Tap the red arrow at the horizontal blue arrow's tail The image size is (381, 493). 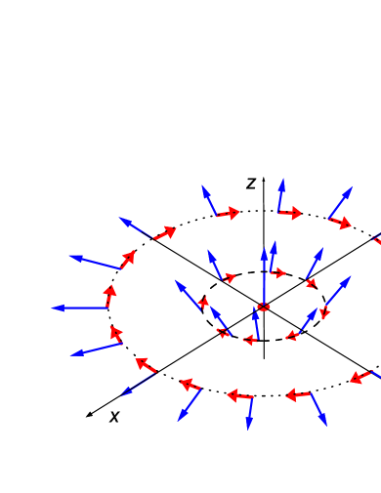coord(109,295)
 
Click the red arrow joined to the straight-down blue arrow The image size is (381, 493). coord(239,395)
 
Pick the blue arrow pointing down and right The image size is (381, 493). coord(318,409)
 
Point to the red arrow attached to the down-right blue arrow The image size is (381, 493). coord(298,395)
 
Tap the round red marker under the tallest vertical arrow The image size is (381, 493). coord(263,308)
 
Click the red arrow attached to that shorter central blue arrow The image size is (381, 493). coord(278,272)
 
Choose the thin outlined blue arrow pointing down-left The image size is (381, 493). coord(139,384)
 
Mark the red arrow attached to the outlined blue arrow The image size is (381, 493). coord(146,365)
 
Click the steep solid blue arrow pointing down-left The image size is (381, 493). coord(190,405)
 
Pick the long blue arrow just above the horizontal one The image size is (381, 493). coord(96,263)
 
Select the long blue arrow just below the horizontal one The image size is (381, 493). coord(96,349)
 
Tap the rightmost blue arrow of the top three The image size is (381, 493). coord(341,202)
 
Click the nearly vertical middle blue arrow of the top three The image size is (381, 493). coord(281,194)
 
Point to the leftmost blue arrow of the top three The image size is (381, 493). coord(208,200)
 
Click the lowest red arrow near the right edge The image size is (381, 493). coord(360,377)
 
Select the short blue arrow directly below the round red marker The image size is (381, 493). coord(256,323)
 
